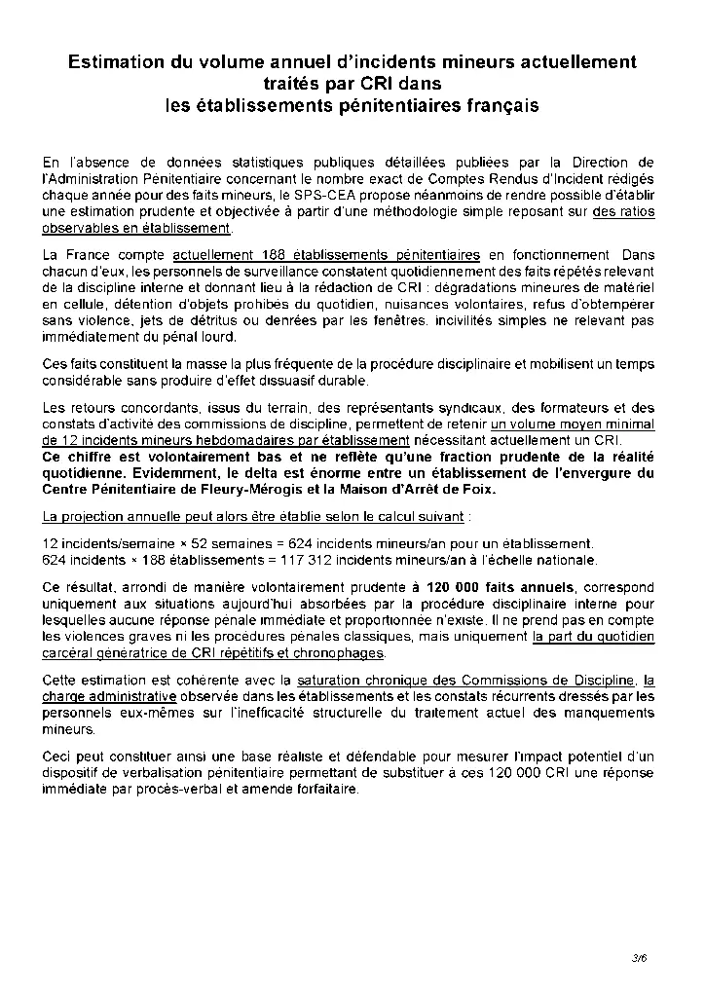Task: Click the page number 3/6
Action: pyautogui.click(x=639, y=959)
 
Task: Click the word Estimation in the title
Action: pyautogui.click(x=114, y=62)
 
